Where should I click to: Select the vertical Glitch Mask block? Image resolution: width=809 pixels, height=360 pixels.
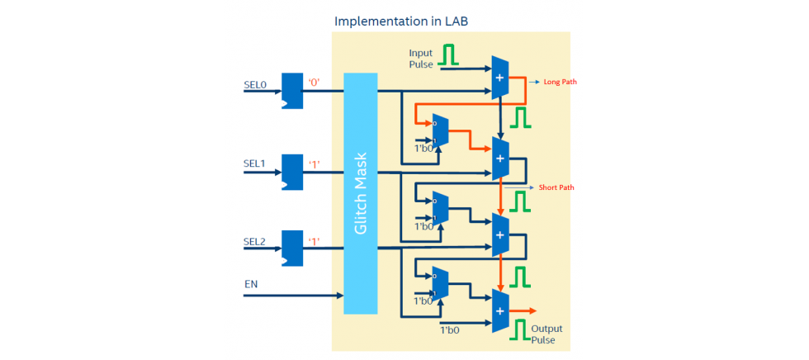point(360,193)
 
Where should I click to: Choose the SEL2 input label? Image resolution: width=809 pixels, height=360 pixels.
point(255,241)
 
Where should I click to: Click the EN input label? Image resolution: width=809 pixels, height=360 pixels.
point(251,284)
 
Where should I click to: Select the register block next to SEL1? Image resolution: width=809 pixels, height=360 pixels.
point(292,171)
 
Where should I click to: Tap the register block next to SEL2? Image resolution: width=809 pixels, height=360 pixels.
point(292,248)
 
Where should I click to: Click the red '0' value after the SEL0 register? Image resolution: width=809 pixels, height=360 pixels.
point(315,83)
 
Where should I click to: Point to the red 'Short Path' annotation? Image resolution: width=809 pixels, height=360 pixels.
point(556,187)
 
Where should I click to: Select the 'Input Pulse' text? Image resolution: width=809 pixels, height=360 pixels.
point(421,59)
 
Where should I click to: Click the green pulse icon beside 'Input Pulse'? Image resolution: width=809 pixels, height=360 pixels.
point(448,55)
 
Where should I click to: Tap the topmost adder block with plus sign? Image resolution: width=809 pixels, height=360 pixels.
point(499,78)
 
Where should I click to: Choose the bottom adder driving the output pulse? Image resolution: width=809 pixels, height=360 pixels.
point(499,310)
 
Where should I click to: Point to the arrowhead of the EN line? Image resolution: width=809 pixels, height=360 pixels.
point(340,295)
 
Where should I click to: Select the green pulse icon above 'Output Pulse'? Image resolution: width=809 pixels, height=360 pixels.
point(518,330)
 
